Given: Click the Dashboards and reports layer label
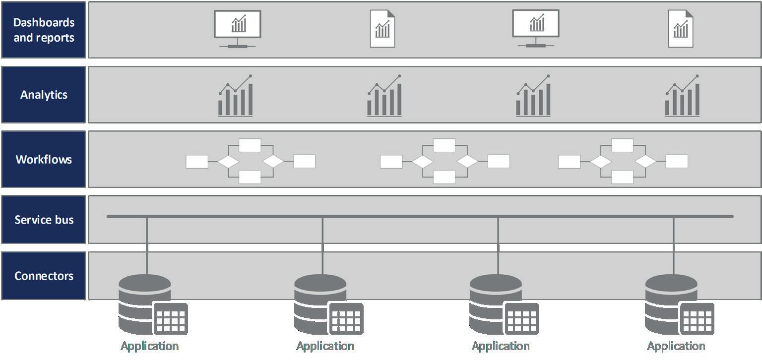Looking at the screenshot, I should (44, 30).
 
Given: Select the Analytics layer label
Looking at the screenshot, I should (44, 95).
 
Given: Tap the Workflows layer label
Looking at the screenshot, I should (44, 159).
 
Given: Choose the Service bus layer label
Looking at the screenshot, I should (44, 220).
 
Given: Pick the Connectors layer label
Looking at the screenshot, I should (44, 276).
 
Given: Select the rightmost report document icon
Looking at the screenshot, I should (681, 29).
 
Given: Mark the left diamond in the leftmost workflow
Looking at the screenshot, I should (228, 162).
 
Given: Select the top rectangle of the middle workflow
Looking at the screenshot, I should (444, 145).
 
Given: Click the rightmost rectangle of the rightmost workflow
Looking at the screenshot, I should (677, 161).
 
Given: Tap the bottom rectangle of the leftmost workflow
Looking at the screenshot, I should (250, 177).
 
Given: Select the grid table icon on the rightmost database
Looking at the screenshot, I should (697, 319).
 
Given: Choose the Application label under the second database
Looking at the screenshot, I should (325, 346).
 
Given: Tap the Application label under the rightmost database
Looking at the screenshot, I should (676, 346).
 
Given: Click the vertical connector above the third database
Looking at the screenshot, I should (498, 245).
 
